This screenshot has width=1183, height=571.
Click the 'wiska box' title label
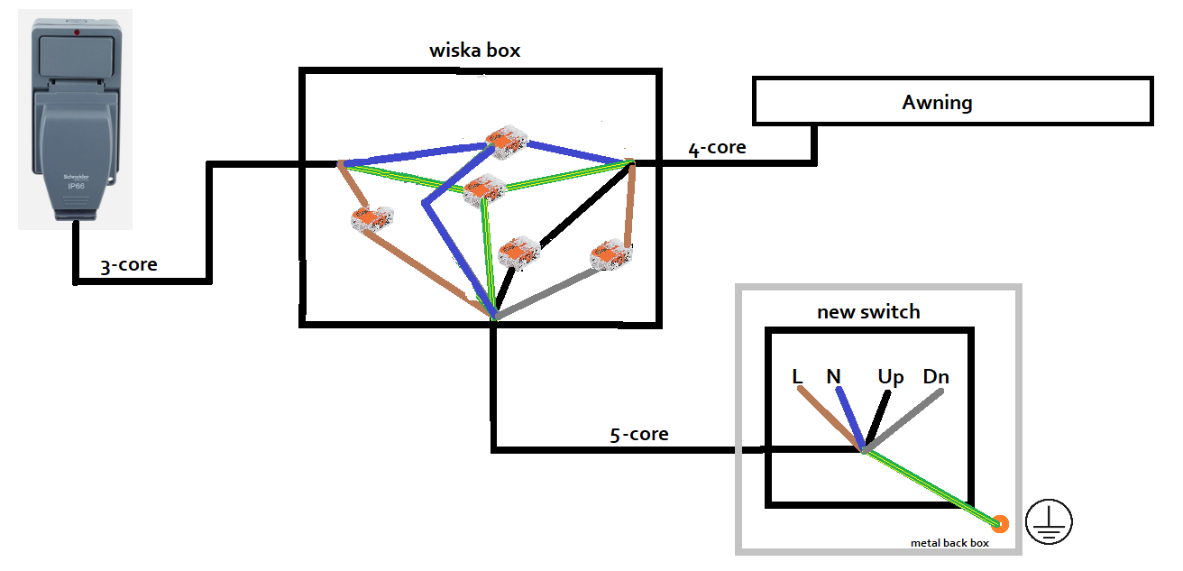coord(474,50)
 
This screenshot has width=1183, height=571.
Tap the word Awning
coord(937,102)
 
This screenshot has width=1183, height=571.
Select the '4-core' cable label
coord(717,147)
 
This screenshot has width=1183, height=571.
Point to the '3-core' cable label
coord(128,264)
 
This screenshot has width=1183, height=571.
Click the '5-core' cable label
coord(638,434)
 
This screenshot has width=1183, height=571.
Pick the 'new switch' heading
coord(868,312)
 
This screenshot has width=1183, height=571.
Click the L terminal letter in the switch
coord(797,376)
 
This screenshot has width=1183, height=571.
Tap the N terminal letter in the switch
coord(833,376)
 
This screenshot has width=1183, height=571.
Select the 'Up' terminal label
coord(890,377)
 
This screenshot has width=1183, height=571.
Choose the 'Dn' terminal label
coord(936,376)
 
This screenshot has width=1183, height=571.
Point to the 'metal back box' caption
coord(949,542)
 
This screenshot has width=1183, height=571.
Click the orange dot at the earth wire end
coord(999,522)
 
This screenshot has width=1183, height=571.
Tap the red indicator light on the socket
coord(78,33)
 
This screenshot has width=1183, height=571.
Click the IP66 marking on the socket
coord(76,186)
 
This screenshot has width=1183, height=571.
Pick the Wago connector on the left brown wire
coord(371,218)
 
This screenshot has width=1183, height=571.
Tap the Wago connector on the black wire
coord(518,252)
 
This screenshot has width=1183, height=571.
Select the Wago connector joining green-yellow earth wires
coord(484,189)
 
